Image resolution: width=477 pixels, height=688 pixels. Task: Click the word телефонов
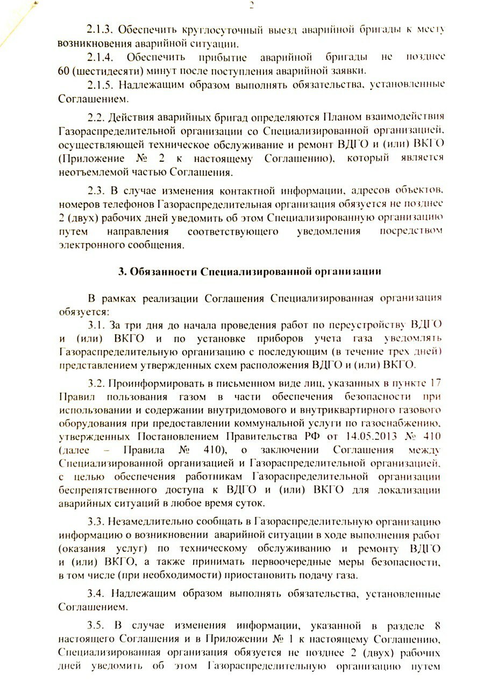[x=132, y=205]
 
